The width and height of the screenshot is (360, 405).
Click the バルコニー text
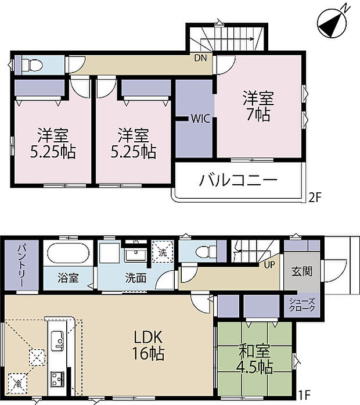(239, 180)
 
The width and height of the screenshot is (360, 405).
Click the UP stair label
(270, 264)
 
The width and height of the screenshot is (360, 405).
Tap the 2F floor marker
(315, 197)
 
